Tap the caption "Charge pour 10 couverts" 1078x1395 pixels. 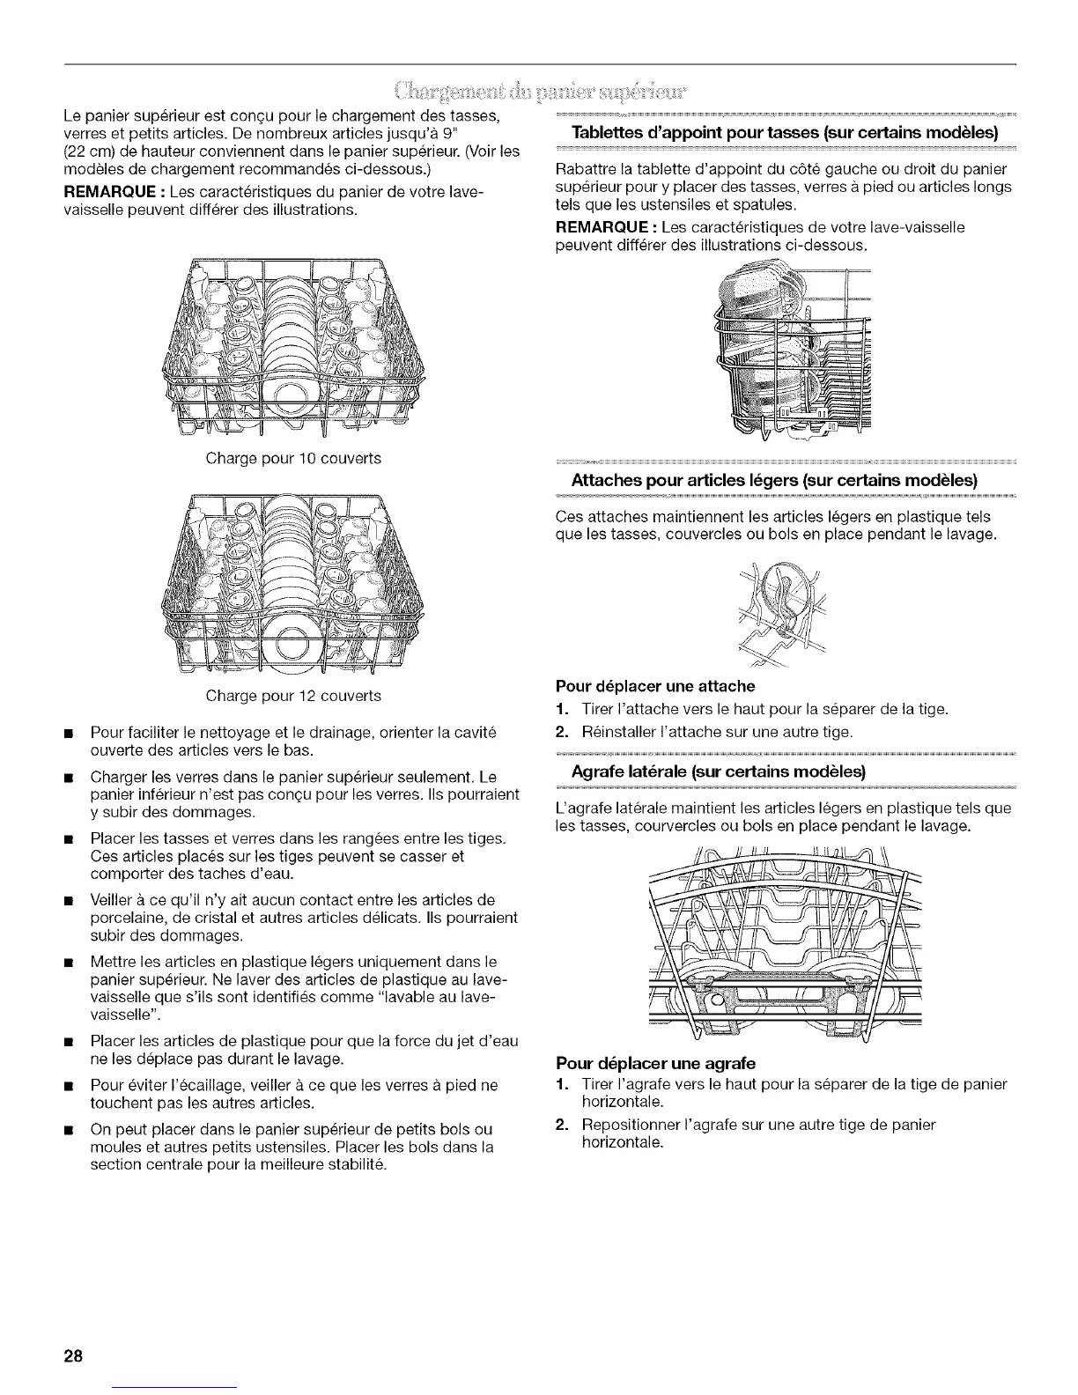click(293, 459)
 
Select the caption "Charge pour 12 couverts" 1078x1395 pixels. click(293, 696)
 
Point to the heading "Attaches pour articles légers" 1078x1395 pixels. click(775, 482)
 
